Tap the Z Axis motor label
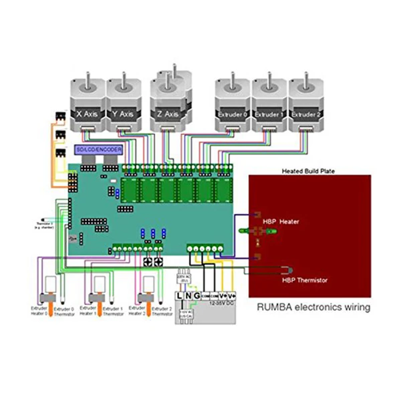(x=167, y=114)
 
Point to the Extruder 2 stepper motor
(x=307, y=106)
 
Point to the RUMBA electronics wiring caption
(x=314, y=307)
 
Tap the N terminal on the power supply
(x=188, y=295)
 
